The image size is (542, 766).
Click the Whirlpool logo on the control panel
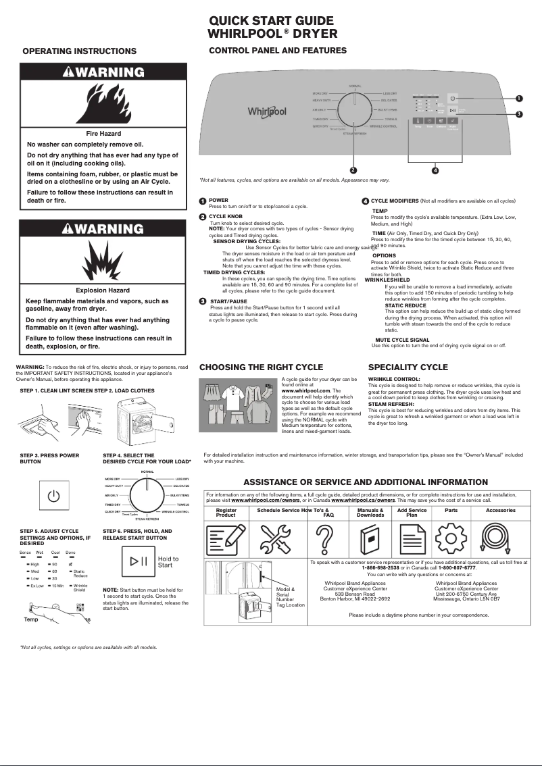pyautogui.click(x=267, y=111)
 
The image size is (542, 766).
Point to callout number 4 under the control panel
pyautogui.click(x=435, y=170)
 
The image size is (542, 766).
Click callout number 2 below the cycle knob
pyautogui.click(x=353, y=169)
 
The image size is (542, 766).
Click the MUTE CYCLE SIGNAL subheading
pyautogui.click(x=402, y=340)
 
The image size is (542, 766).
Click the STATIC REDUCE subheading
pyautogui.click(x=405, y=305)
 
